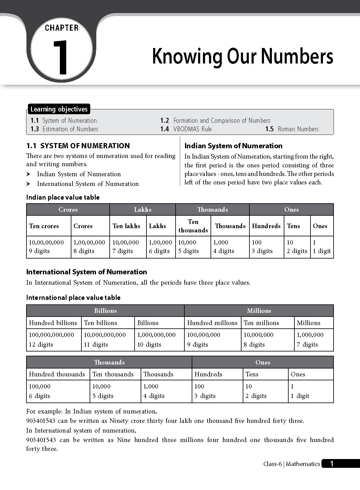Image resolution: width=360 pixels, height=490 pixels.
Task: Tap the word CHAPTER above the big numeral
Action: click(62, 28)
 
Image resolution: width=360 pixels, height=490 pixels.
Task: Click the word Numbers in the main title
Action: click(297, 56)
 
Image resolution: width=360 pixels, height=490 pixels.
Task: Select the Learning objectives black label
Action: click(59, 109)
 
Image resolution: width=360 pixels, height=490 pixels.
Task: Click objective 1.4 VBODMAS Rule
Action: click(186, 129)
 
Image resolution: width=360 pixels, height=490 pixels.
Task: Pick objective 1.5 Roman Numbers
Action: click(292, 129)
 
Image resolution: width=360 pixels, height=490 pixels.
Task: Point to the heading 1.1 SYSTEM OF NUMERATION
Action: click(78, 146)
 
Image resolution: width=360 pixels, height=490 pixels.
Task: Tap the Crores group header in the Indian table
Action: click(68, 210)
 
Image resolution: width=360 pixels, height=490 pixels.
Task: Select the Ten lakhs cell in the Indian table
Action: click(126, 226)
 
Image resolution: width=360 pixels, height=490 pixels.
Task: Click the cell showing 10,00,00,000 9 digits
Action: click(46, 247)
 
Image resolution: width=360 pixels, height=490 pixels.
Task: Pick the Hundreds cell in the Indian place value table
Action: click(266, 226)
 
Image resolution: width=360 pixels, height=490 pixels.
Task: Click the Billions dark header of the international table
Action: click(105, 311)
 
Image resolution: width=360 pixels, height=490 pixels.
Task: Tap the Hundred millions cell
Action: click(212, 323)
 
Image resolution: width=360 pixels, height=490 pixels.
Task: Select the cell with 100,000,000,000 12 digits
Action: click(52, 339)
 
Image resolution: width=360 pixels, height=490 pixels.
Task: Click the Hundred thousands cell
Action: click(57, 374)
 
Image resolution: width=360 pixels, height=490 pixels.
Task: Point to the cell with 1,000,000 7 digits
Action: click(310, 339)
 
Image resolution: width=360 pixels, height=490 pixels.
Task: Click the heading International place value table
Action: click(73, 298)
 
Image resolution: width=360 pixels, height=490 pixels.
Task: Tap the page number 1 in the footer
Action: click(332, 464)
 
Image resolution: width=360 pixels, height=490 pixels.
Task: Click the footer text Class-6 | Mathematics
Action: click(291, 464)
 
